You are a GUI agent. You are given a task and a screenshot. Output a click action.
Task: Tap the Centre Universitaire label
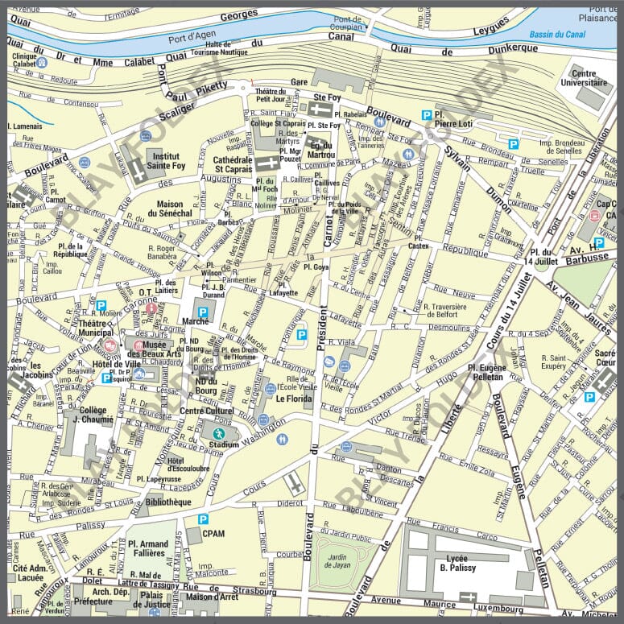(x=589, y=77)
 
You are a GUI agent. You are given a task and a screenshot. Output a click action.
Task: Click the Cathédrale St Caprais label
(x=233, y=164)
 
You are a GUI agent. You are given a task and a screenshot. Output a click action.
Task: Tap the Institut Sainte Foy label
(x=168, y=161)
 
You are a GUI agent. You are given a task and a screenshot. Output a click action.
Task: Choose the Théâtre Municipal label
(x=95, y=327)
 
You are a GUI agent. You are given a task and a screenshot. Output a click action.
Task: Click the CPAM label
(x=214, y=533)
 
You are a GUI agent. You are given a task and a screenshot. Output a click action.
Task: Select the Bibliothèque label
(x=168, y=502)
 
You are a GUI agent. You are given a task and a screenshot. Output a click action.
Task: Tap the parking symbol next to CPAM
(x=203, y=519)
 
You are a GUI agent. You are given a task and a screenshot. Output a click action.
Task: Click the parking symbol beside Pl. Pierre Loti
(x=427, y=115)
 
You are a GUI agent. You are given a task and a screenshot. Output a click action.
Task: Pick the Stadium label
(x=223, y=443)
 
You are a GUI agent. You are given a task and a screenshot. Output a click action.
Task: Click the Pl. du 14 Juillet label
(x=540, y=258)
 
